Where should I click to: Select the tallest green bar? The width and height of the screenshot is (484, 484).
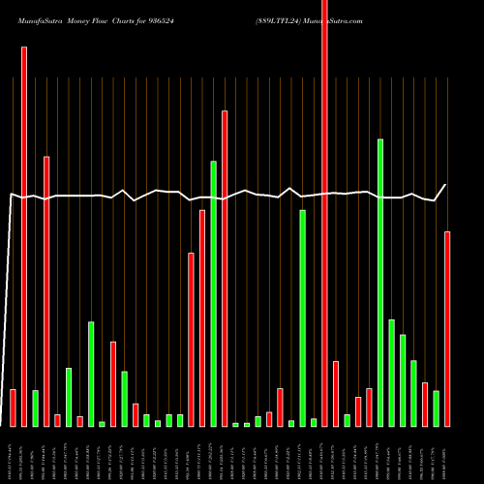click(x=380, y=282)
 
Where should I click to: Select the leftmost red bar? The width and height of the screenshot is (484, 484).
click(x=13, y=408)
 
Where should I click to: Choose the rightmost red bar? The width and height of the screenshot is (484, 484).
click(x=447, y=328)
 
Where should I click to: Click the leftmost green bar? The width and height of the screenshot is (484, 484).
click(x=35, y=408)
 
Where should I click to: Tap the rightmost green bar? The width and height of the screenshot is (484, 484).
click(x=436, y=408)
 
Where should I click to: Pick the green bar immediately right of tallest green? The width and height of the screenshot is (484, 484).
click(x=391, y=373)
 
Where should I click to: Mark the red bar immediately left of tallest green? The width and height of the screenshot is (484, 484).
click(x=369, y=407)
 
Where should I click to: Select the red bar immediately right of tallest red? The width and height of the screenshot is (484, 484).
click(x=336, y=393)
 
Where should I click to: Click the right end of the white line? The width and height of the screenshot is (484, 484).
click(x=446, y=185)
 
